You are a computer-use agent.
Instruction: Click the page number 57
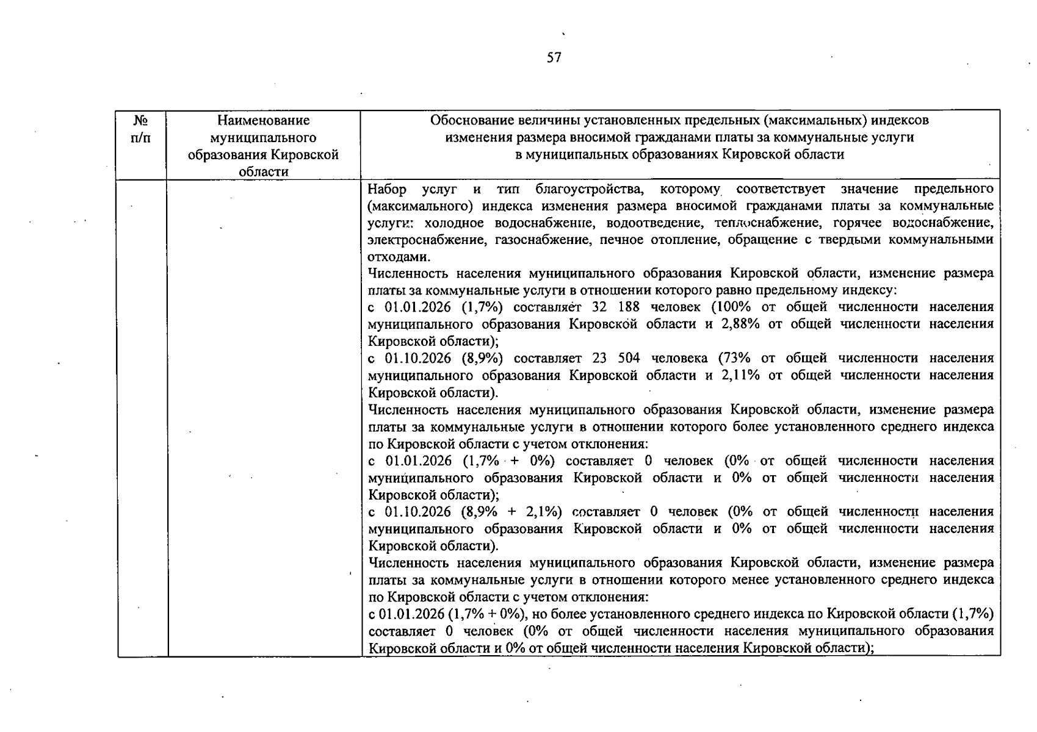pyautogui.click(x=554, y=58)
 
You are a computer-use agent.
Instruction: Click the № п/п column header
pyautogui.click(x=141, y=129)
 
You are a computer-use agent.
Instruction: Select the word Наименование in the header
pyautogui.click(x=263, y=121)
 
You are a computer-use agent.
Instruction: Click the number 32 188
pyautogui.click(x=616, y=307)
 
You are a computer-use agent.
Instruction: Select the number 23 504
pyautogui.click(x=616, y=358)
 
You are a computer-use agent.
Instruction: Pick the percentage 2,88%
pyautogui.click(x=740, y=324)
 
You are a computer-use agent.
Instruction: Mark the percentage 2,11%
pyautogui.click(x=740, y=375)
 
